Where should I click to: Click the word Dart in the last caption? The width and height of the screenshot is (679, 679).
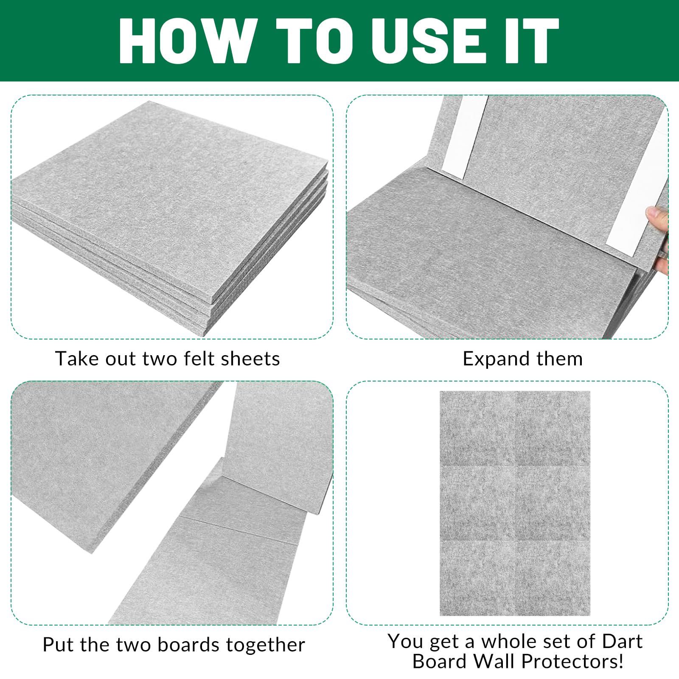623,641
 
